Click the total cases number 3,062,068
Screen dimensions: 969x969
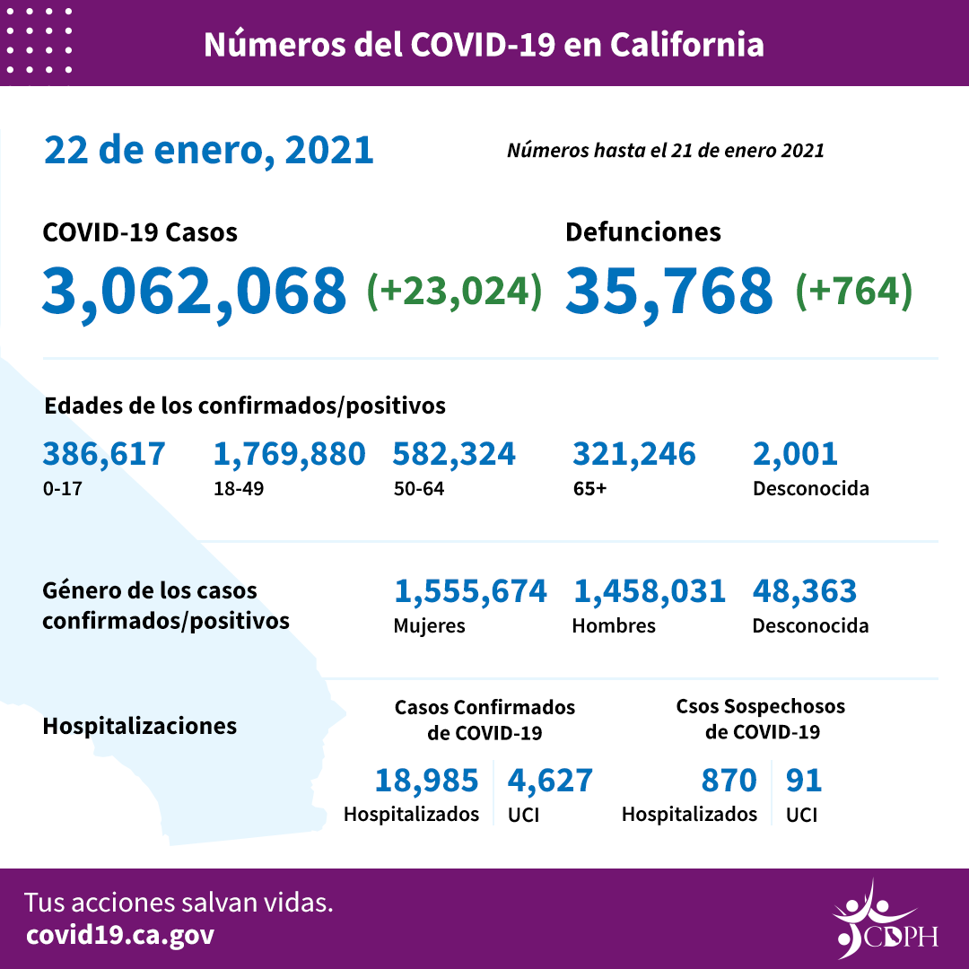194,290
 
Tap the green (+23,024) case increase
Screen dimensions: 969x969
455,290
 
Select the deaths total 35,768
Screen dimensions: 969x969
668,290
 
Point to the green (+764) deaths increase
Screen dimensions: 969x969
854,290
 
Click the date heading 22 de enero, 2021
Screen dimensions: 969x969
208,150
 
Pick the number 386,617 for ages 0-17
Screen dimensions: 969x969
104,454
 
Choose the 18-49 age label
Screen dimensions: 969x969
236,489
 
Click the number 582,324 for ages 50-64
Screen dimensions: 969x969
454,454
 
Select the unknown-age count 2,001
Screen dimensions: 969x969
795,454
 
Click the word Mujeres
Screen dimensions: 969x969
429,625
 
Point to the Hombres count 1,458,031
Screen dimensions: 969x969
649,591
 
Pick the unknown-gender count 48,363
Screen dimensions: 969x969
805,591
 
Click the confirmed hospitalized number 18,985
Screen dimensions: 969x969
426,781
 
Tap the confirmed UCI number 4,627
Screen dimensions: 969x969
550,781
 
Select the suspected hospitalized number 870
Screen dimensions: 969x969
729,781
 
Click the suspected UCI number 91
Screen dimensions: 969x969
804,781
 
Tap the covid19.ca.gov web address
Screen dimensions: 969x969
120,935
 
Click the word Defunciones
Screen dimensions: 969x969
642,231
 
